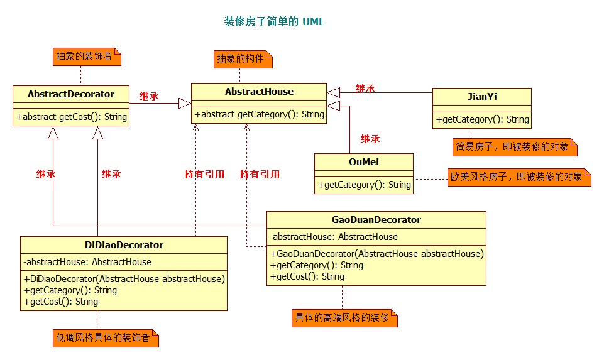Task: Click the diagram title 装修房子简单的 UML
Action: click(274, 21)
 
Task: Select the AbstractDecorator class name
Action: click(71, 94)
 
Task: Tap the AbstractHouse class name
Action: click(259, 92)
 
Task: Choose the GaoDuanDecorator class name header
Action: click(376, 220)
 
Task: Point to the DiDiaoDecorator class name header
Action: click(124, 245)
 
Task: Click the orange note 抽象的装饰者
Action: click(84, 57)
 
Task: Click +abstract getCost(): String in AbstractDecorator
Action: click(72, 117)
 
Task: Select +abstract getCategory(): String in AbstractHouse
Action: click(259, 114)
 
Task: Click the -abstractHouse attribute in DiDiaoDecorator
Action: click(87, 262)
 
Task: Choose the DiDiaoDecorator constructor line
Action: click(124, 279)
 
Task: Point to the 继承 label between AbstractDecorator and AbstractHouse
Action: click(149, 97)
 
